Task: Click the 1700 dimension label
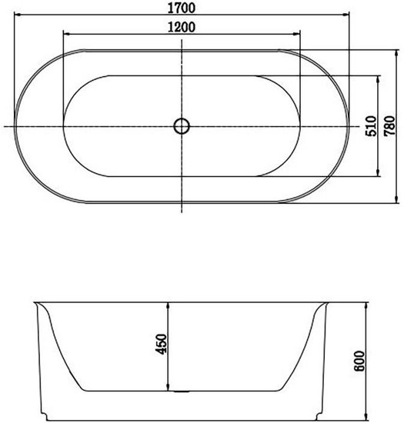pos(182,8)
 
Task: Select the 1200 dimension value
pos(182,27)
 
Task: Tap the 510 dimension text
pos(371,126)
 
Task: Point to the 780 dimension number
pos(389,125)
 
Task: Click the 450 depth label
pos(162,345)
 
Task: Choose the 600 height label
pos(359,361)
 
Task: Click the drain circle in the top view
pos(182,126)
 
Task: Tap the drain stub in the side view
pos(182,391)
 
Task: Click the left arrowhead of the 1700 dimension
pos(17,15)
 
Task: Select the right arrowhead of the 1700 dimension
pos(346,15)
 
